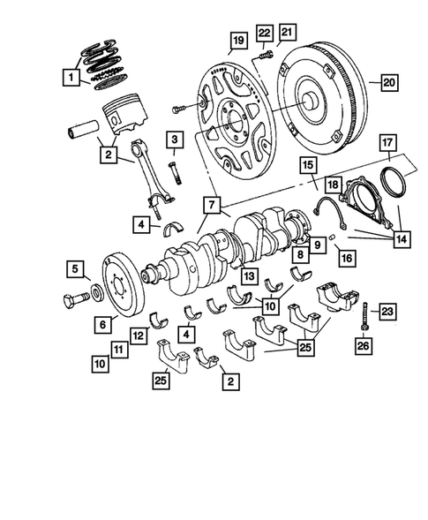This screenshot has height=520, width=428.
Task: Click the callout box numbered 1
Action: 69,78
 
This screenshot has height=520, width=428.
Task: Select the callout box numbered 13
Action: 251,275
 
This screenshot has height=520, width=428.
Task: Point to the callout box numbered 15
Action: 306,165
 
